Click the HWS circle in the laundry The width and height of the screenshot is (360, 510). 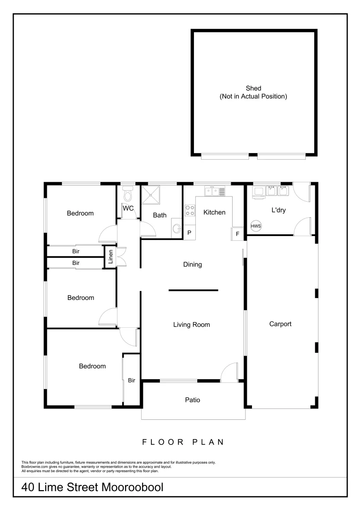pyautogui.click(x=256, y=226)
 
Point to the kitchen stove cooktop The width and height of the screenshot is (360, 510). pyautogui.click(x=190, y=210)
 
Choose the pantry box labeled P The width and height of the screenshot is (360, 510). pyautogui.click(x=189, y=233)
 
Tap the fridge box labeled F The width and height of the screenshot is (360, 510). pyautogui.click(x=237, y=234)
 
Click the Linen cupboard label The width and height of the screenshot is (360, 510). pyautogui.click(x=111, y=257)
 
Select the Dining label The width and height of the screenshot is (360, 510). pyautogui.click(x=193, y=264)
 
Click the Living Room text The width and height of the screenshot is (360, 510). pyautogui.click(x=191, y=324)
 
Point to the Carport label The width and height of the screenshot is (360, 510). pyautogui.click(x=280, y=324)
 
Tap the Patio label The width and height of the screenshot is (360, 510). pyautogui.click(x=192, y=400)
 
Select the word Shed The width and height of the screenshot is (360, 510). pyautogui.click(x=253, y=88)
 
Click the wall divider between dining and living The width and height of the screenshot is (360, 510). pyautogui.click(x=193, y=290)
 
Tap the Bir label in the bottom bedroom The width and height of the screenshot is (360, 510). pyautogui.click(x=132, y=380)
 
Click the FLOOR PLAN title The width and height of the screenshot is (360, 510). pyautogui.click(x=183, y=442)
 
